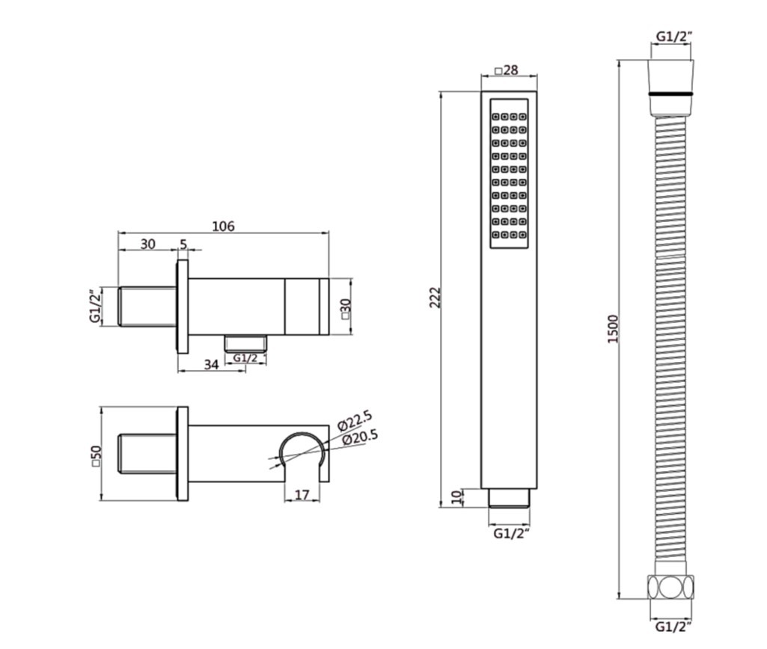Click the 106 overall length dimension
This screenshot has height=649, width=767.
(x=223, y=227)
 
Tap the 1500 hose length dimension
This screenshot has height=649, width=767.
(x=613, y=329)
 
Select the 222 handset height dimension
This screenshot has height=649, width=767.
(x=435, y=297)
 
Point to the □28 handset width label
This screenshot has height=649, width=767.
(x=507, y=70)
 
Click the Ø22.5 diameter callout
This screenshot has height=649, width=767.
(x=355, y=421)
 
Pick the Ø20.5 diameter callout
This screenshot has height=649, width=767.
(x=361, y=437)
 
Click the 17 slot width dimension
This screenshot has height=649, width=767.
(x=302, y=494)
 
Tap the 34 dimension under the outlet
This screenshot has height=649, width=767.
(x=211, y=365)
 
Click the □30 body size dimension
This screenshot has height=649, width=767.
(x=346, y=308)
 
